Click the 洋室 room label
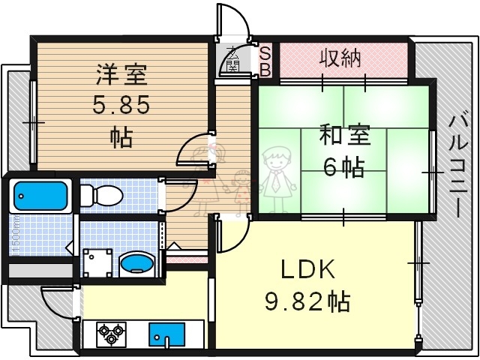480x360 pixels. click(x=121, y=76)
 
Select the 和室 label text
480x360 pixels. click(x=345, y=137)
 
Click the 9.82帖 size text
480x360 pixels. click(x=307, y=301)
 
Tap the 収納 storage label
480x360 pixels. click(x=341, y=57)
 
